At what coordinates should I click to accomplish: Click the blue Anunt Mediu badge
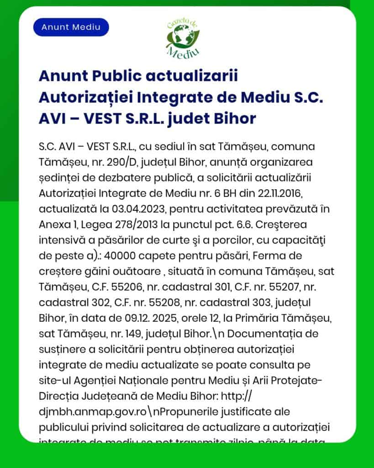pos(71,27)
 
